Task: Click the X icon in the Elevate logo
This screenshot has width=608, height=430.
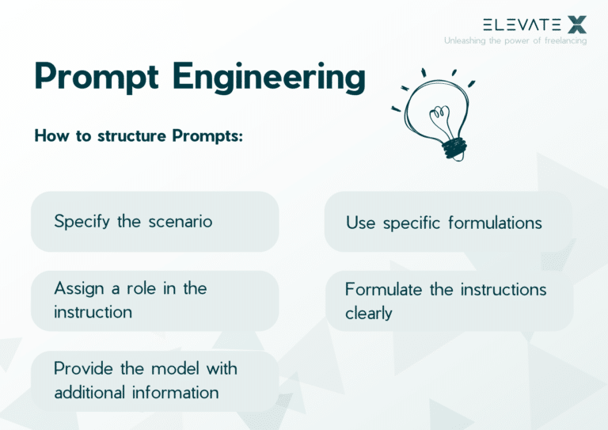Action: (578, 24)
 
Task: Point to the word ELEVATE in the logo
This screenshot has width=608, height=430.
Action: (522, 25)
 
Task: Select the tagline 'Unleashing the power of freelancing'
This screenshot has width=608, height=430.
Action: (515, 40)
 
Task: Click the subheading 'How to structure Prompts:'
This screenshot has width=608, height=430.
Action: (139, 136)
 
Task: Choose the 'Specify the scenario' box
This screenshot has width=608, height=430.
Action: (154, 222)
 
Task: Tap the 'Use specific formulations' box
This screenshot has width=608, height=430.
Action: (448, 223)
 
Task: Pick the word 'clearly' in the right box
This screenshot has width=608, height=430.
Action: (368, 314)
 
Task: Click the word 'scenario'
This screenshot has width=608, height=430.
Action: (180, 222)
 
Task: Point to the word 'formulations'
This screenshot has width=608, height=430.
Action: (495, 223)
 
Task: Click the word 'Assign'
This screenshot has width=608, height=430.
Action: (78, 289)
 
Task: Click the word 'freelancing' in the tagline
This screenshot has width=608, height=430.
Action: (564, 40)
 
